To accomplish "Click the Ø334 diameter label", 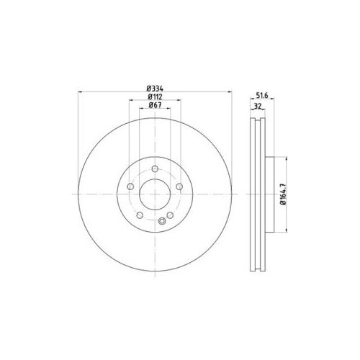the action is tap(155, 89).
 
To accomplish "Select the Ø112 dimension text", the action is tap(155, 96).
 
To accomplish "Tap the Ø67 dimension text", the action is tap(155, 105).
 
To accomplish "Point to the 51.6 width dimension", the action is tap(261, 96).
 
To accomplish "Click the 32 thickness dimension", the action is tap(258, 107).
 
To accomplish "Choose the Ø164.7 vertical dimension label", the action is tap(284, 194).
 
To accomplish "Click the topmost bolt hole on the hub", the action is tap(155, 168).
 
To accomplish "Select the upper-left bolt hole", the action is tap(130, 186).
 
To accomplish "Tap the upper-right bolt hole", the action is tap(179, 186).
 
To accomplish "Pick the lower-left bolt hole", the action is tap(140, 215).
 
